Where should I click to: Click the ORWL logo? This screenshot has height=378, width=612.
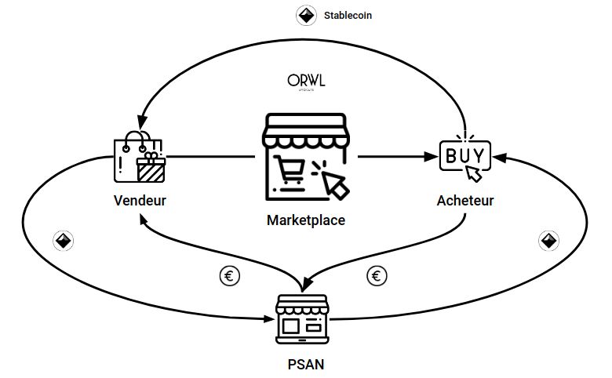point(305,82)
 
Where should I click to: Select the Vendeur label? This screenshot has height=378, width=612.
point(140,200)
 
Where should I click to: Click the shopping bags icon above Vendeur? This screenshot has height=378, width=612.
point(140,155)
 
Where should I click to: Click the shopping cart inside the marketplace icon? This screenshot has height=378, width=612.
point(291,170)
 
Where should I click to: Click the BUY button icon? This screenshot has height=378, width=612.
point(464,154)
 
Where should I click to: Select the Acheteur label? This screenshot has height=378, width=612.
point(465,200)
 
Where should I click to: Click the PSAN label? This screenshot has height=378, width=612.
point(306,364)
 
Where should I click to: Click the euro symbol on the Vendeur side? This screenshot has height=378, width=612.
point(230,276)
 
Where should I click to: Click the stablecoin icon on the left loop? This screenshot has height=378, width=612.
point(64,241)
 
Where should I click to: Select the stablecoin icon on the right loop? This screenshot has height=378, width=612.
point(549,240)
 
